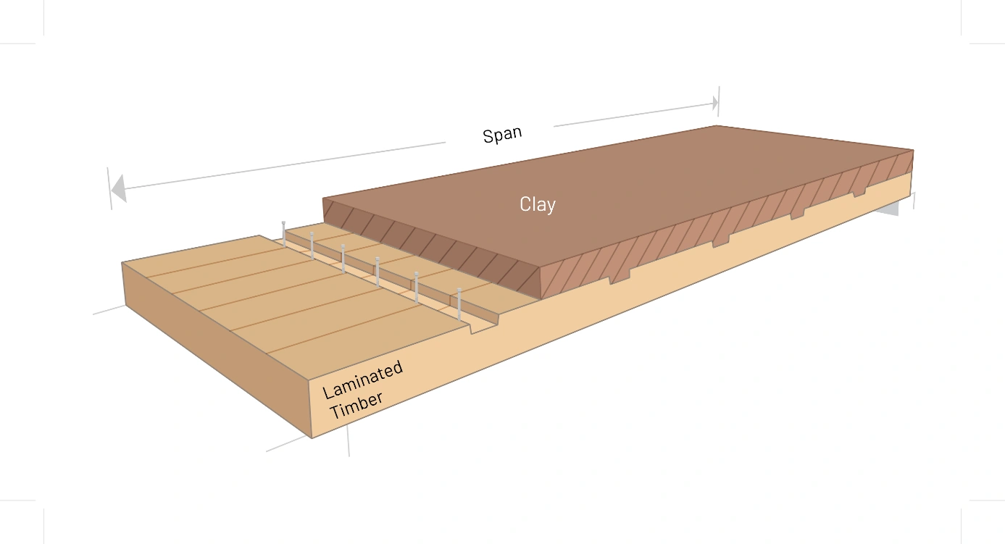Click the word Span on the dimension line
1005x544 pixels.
point(502,135)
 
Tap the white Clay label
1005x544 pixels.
point(538,204)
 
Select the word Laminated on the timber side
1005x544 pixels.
point(362,380)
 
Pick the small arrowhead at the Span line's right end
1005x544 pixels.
point(714,103)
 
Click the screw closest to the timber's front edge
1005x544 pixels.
point(459,304)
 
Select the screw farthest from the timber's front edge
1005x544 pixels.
point(283,233)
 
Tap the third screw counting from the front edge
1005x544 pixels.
point(378,271)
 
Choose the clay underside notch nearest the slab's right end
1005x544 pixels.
point(859,193)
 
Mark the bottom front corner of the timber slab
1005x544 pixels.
point(312,438)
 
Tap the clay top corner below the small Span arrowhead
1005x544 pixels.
point(716,126)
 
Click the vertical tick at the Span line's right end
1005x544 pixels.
point(718,101)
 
